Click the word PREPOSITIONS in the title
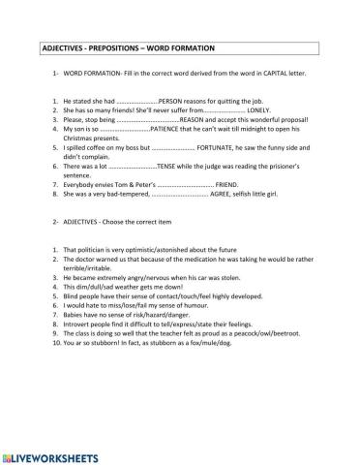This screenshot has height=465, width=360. pos(122,47)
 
